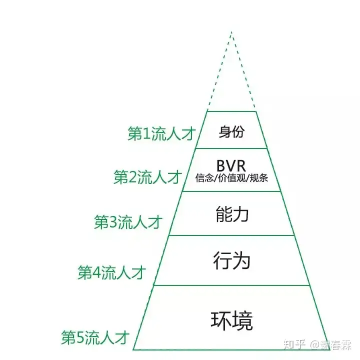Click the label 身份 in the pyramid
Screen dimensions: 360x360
click(x=231, y=132)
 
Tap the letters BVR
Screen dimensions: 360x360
click(x=231, y=165)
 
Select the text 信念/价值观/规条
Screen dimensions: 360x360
click(x=231, y=178)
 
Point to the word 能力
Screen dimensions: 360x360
click(x=232, y=214)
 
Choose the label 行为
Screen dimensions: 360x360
click(x=232, y=260)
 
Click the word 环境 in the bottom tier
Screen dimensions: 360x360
click(x=231, y=320)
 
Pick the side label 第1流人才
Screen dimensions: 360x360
click(x=161, y=133)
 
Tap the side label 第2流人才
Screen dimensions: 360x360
click(x=148, y=177)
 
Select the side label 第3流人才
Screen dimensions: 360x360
click(x=128, y=222)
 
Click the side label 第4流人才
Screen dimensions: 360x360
click(x=112, y=272)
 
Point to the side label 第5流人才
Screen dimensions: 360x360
click(x=95, y=337)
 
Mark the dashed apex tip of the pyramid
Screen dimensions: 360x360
click(x=231, y=31)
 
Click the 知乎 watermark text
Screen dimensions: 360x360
click(x=294, y=345)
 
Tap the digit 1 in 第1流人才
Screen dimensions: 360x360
click(x=146, y=133)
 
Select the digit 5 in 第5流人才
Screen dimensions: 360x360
click(x=80, y=337)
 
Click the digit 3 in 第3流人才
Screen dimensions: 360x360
click(x=113, y=222)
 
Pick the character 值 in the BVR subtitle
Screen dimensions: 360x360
click(x=231, y=178)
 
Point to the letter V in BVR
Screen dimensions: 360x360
click(x=231, y=165)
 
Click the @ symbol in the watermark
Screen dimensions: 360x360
click(x=315, y=345)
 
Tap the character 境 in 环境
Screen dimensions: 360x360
click(x=242, y=320)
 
